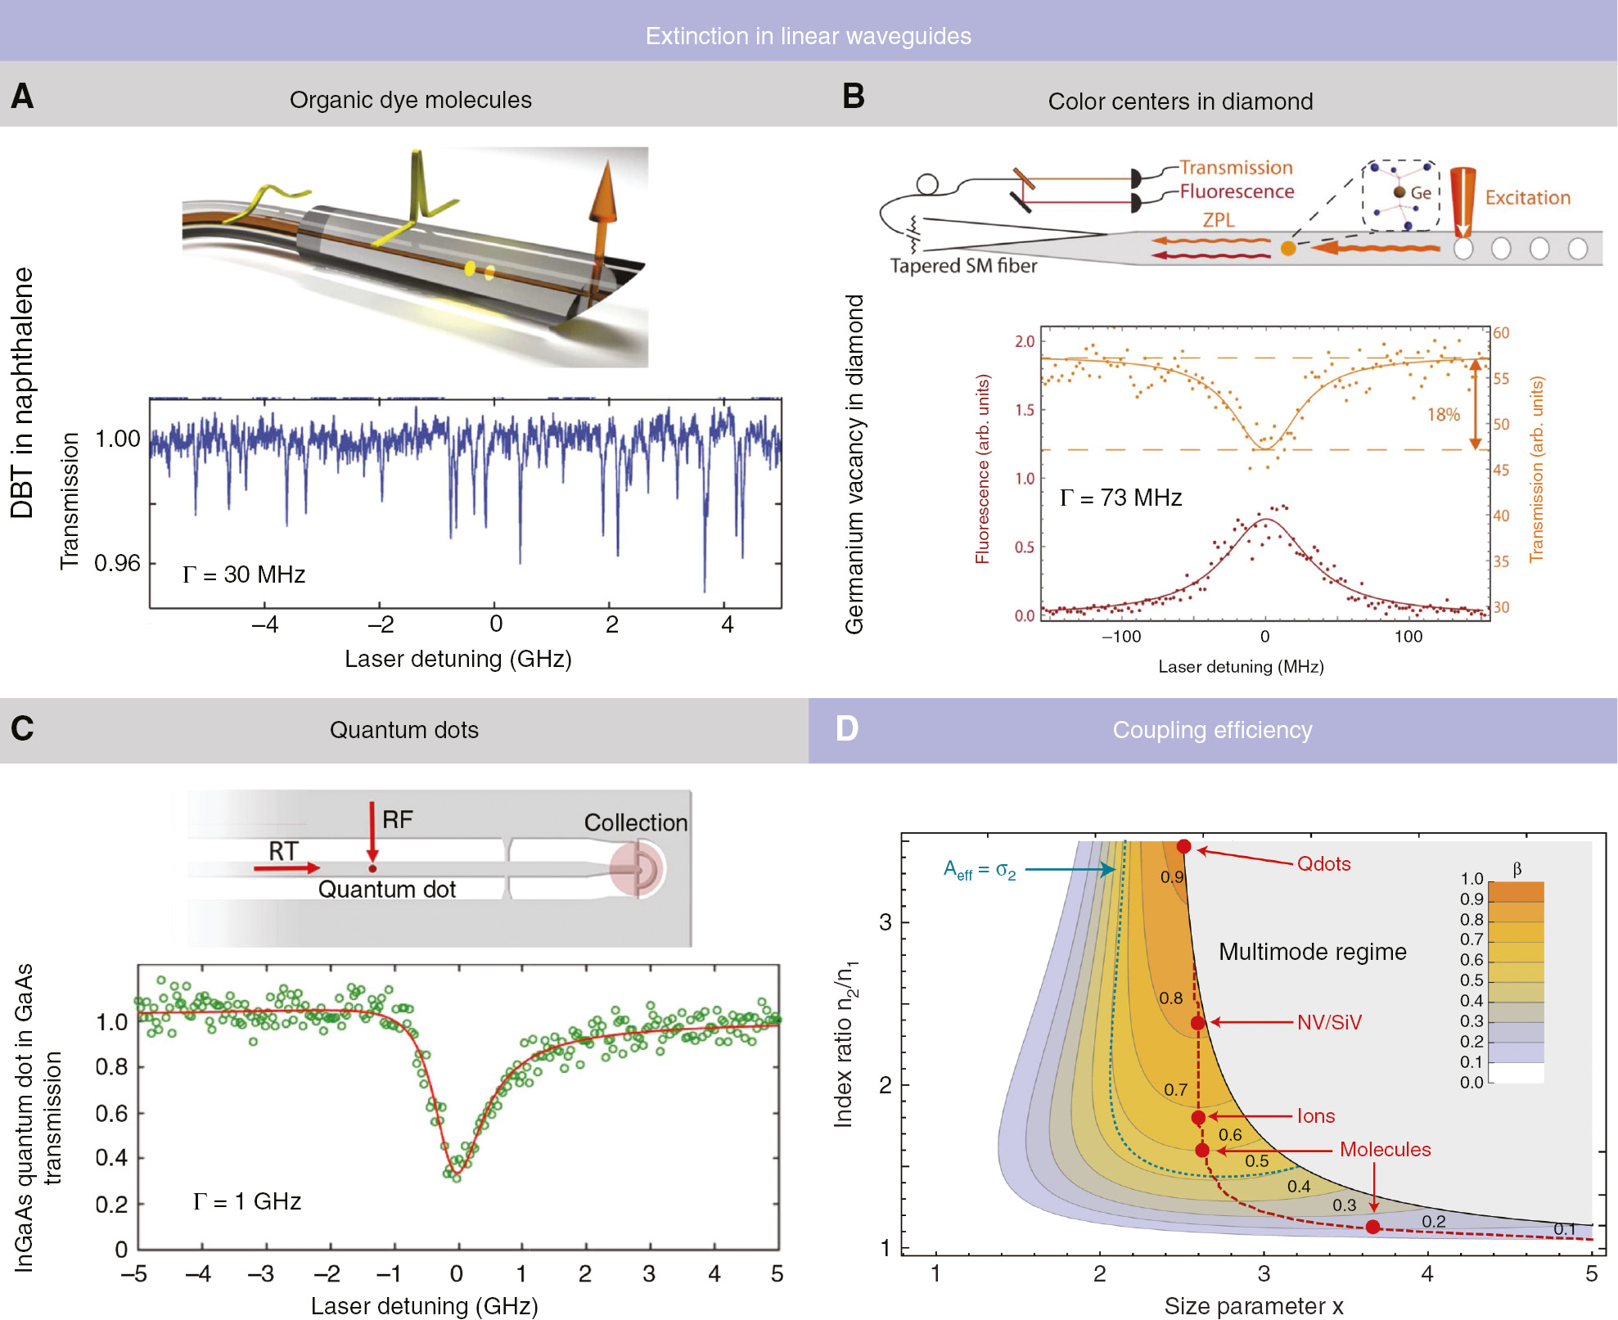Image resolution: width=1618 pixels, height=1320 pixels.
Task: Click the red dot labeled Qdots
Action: point(1183,846)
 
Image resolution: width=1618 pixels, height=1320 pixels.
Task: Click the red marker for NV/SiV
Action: point(1197,1023)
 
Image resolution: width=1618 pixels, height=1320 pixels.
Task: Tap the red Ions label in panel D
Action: point(1315,1116)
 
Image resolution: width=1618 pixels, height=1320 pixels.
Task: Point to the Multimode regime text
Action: point(1312,952)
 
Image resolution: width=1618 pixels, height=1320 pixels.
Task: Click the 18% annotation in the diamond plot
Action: point(1443,415)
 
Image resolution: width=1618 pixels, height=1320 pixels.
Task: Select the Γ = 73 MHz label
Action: point(1120,498)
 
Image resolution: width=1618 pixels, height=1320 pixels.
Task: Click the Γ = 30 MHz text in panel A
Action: point(244,574)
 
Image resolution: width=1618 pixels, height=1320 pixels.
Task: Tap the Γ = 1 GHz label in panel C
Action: point(247,1201)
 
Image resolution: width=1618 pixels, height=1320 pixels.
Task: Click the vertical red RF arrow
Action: point(372,831)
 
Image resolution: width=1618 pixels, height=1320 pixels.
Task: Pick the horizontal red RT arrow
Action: point(286,867)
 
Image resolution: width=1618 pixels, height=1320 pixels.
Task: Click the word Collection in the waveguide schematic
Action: point(635,822)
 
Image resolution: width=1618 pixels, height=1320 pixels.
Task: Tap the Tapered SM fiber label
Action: point(963,266)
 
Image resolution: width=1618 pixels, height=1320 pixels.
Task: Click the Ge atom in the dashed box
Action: point(1399,192)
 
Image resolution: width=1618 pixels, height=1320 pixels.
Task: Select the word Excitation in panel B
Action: point(1527,198)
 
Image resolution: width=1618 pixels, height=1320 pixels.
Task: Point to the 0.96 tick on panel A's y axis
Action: point(117,563)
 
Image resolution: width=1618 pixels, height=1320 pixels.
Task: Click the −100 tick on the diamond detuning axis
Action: point(1120,637)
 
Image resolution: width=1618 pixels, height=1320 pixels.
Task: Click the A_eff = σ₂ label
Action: point(979,870)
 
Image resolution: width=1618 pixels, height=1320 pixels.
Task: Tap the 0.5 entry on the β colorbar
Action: point(1471,980)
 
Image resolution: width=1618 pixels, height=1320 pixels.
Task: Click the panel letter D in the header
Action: point(846,728)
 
